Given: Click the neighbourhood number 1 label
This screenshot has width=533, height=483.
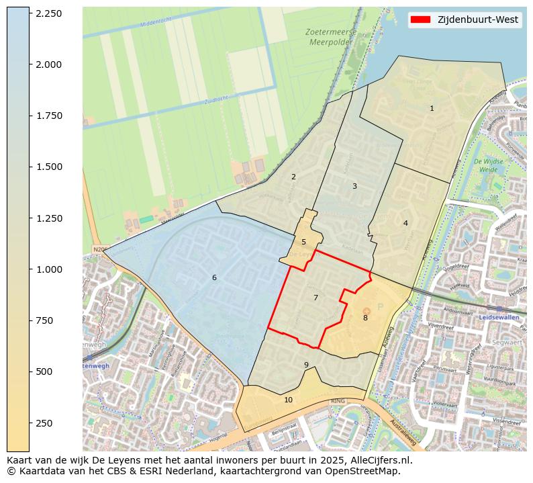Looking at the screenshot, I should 432,108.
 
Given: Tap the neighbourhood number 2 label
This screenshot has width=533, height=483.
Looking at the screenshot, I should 293,177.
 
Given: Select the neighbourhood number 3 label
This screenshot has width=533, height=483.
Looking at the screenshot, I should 354,186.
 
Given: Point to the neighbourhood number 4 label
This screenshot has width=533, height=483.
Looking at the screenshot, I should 405,223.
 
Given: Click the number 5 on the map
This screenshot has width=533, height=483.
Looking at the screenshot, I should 303,242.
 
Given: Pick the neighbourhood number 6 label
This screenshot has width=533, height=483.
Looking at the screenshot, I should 214,277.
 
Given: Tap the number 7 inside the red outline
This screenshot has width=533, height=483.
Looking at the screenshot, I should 316,298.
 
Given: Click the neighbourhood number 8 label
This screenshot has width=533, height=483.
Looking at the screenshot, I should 365,318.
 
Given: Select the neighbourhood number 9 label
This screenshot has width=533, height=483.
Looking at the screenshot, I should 306,365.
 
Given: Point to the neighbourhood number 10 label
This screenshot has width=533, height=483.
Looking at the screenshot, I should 288,400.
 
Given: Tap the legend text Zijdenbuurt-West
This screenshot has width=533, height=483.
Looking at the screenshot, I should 477,20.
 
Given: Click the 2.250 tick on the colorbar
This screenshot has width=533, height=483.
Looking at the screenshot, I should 48,13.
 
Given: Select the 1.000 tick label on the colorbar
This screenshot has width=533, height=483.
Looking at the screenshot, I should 48,269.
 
